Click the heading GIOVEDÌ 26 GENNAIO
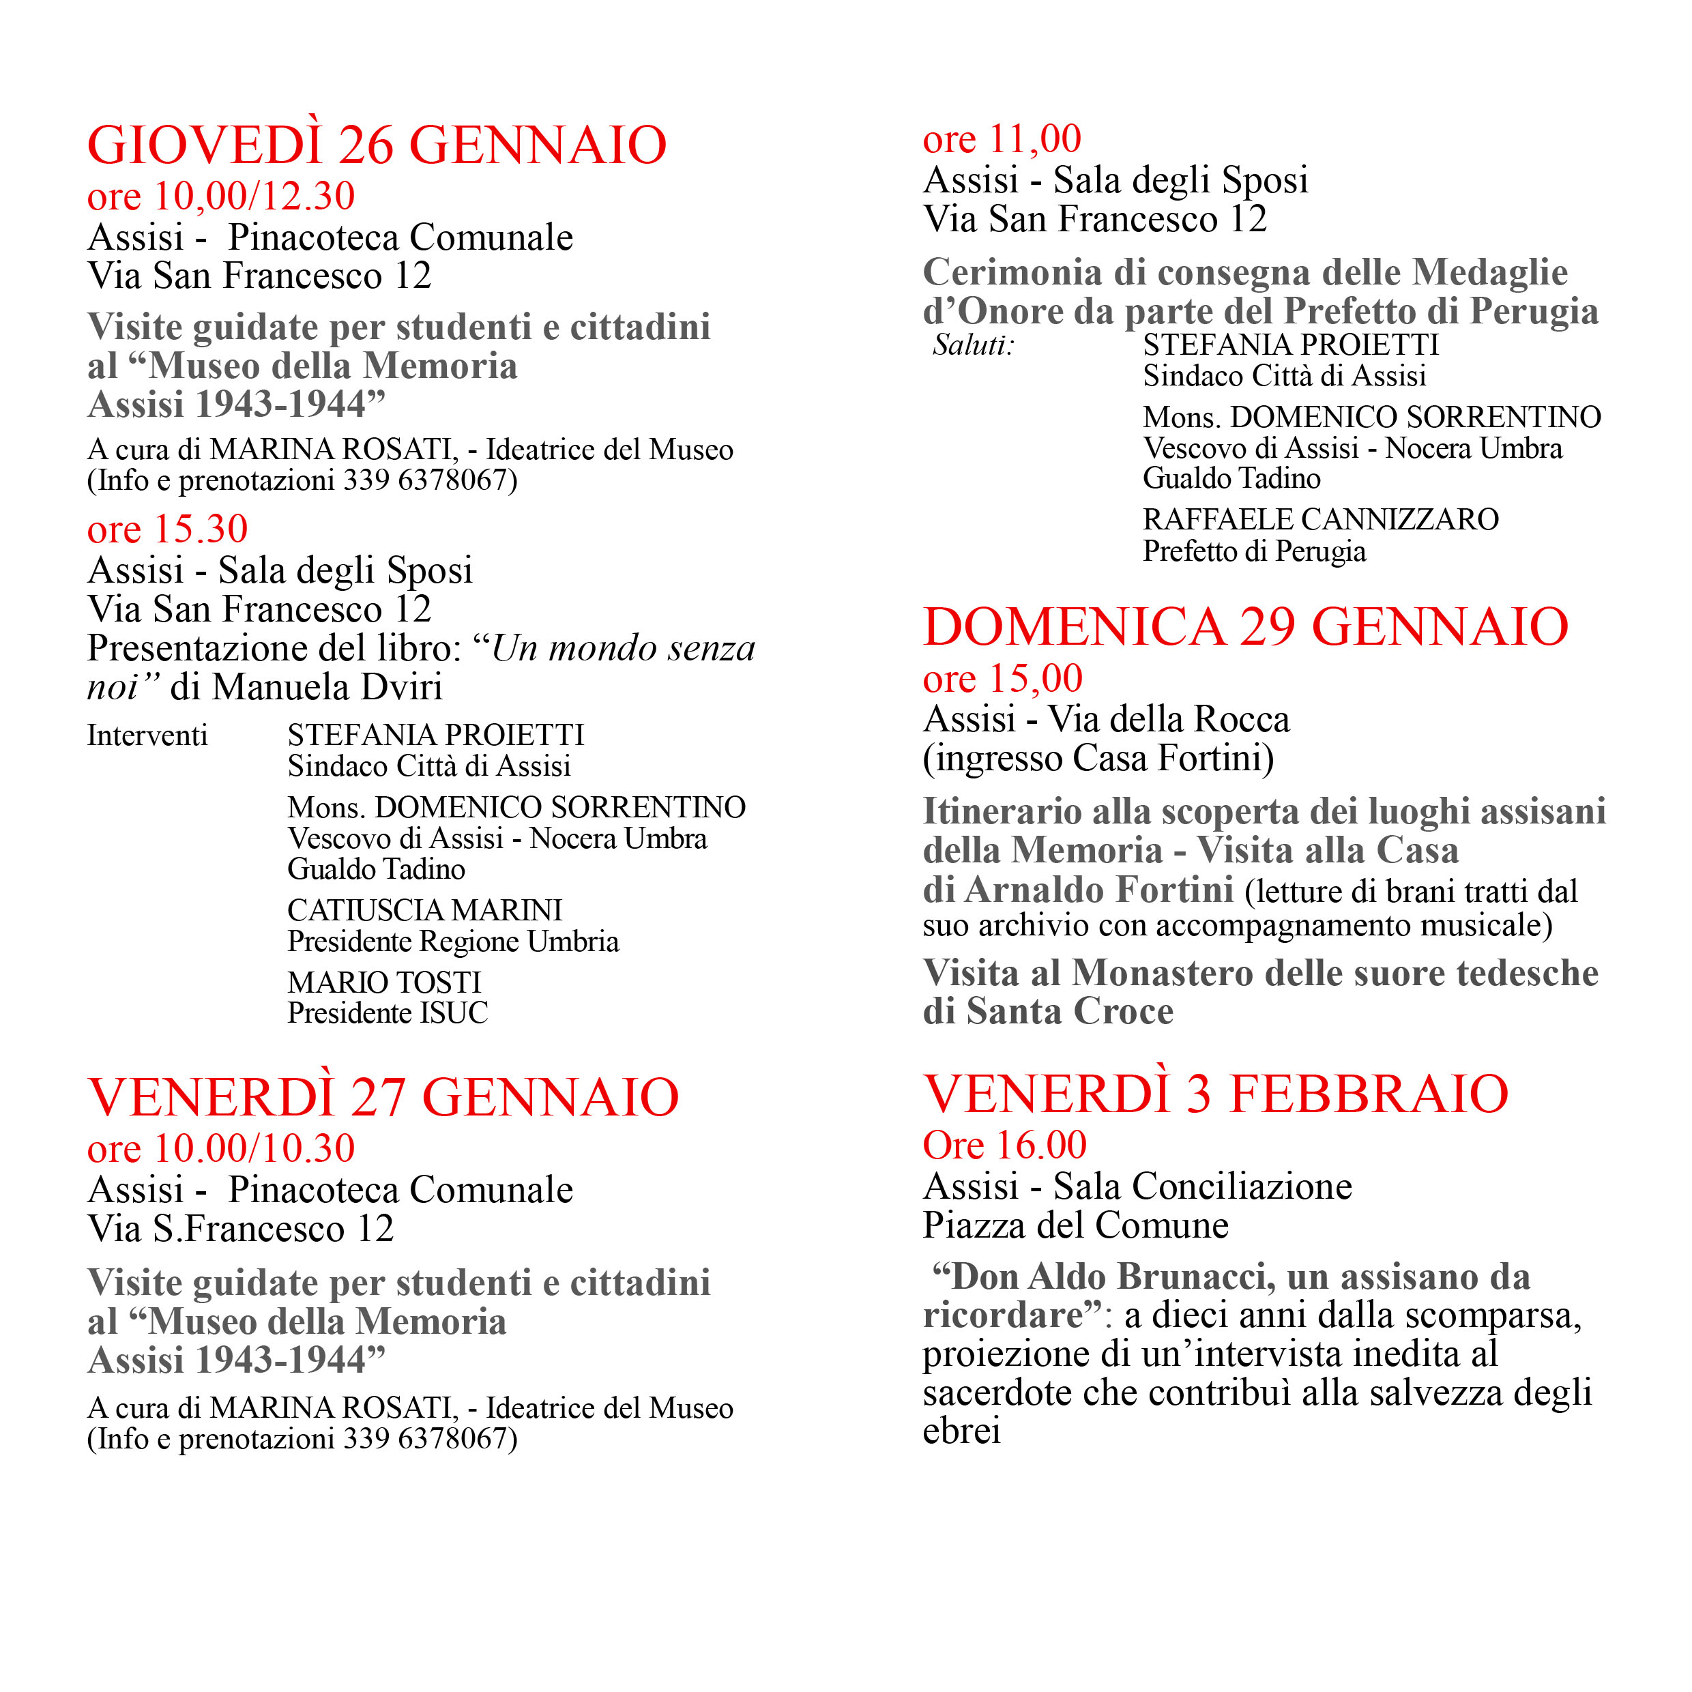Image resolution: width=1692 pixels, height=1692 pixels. [x=377, y=145]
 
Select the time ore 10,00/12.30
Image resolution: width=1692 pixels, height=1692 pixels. [x=220, y=196]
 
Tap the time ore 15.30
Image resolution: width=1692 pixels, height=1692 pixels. [x=167, y=529]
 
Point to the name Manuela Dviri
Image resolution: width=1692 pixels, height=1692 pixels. [x=327, y=688]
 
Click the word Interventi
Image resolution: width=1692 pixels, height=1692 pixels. [x=147, y=735]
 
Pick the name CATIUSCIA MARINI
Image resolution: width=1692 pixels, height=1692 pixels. [x=425, y=911]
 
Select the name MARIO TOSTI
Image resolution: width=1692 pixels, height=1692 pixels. [x=385, y=982]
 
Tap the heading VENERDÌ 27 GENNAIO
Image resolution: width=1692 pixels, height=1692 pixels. [x=383, y=1097]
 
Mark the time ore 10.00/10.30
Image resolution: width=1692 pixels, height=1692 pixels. [x=220, y=1149]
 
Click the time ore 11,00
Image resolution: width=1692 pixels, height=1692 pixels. [x=1002, y=139]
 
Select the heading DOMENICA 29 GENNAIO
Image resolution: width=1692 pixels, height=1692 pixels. [x=1245, y=627]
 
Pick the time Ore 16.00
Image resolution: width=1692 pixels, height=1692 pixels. [x=1004, y=1146]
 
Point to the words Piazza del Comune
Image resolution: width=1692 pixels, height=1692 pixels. [x=1075, y=1225]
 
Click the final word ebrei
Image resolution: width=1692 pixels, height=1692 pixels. [x=961, y=1431]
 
